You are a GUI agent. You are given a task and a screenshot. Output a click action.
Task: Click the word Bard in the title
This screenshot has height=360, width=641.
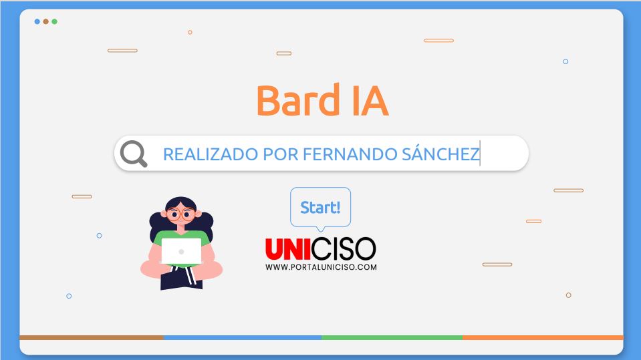(298, 100)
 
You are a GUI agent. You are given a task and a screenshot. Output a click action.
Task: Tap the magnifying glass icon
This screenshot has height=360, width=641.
(134, 154)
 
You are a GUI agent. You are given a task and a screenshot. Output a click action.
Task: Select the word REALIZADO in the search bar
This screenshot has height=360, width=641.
(211, 154)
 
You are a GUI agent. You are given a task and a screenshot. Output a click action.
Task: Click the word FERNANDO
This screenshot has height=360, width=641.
(350, 154)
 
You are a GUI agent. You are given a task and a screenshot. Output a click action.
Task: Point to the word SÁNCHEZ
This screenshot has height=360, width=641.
(440, 154)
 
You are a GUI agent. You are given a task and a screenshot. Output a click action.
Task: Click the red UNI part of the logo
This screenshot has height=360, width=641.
(288, 249)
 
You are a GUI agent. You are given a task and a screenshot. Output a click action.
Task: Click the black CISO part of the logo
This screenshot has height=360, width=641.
(344, 249)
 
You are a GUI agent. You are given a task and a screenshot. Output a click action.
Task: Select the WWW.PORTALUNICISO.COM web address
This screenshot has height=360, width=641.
(321, 267)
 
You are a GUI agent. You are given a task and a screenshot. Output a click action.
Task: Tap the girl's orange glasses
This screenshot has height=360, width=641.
(180, 214)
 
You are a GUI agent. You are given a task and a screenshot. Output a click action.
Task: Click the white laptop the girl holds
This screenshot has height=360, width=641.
(182, 251)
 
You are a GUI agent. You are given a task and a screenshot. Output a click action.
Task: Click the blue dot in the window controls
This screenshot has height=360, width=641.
(37, 21)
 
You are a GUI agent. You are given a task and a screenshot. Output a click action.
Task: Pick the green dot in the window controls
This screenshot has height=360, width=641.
(54, 21)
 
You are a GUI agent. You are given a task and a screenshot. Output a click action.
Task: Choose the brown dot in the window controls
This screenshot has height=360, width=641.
(45, 21)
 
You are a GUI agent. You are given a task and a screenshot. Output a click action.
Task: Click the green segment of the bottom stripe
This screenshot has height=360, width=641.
(392, 337)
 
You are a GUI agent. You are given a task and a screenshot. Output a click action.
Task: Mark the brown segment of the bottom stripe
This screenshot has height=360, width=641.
(92, 337)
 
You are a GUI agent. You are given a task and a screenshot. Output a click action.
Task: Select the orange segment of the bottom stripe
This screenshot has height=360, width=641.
(543, 337)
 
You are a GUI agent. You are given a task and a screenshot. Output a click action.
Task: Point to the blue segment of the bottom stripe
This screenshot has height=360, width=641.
(243, 337)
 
